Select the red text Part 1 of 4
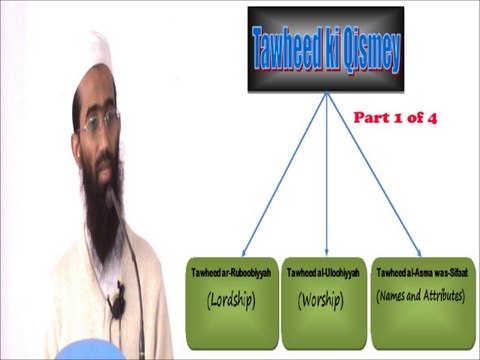397,117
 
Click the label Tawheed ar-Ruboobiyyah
233,273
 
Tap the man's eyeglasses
101,123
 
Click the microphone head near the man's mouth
113,195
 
